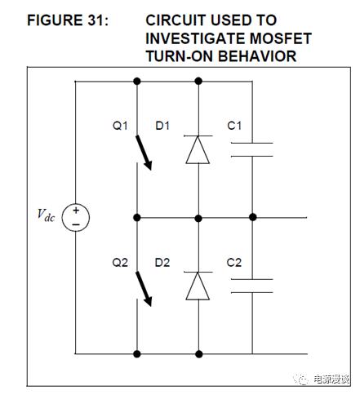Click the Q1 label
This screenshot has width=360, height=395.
click(120, 126)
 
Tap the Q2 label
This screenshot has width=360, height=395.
click(120, 263)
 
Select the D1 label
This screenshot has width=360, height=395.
click(162, 126)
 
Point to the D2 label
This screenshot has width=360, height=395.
click(162, 263)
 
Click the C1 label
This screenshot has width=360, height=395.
click(234, 126)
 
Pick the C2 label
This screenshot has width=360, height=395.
click(234, 263)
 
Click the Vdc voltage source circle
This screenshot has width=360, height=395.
click(76, 218)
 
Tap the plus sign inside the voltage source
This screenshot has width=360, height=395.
click(76, 210)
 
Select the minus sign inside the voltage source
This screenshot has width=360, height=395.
click(76, 224)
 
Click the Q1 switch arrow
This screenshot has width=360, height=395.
click(144, 153)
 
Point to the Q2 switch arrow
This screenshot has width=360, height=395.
click(144, 289)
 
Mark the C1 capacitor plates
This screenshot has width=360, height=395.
click(251, 149)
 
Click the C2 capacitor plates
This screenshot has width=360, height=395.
click(251, 286)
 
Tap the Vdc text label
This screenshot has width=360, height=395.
click(46, 215)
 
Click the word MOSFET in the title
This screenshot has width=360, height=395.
click(281, 38)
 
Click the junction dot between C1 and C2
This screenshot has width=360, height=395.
click(253, 217)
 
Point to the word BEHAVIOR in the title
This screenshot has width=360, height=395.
click(257, 56)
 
